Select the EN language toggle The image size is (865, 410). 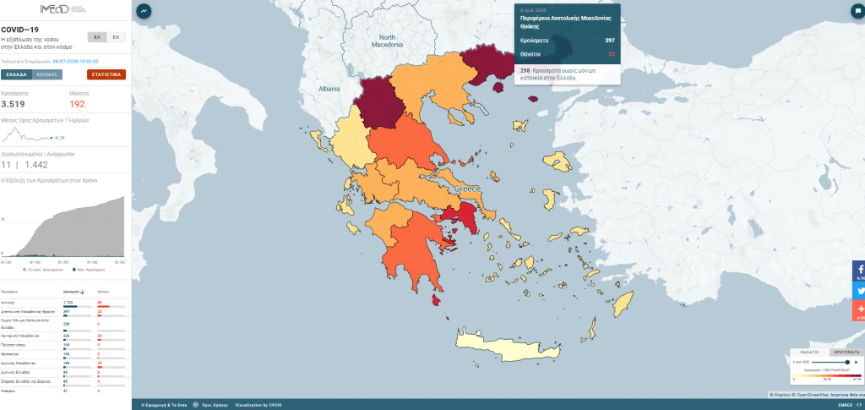coord(117,37)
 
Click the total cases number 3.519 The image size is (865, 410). coord(13,103)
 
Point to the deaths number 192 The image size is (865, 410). coord(78,103)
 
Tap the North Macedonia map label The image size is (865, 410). coord(389,41)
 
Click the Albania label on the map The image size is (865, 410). coord(329,88)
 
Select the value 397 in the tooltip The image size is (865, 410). coord(609,41)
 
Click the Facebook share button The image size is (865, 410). coord(858,271)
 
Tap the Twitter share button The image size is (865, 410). coord(858,290)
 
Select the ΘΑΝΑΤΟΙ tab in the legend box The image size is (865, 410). coord(810,350)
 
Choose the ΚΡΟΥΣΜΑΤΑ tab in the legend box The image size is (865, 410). coord(846,350)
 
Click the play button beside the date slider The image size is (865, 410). coord(857,361)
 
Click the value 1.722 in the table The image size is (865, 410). coord(69,302)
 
